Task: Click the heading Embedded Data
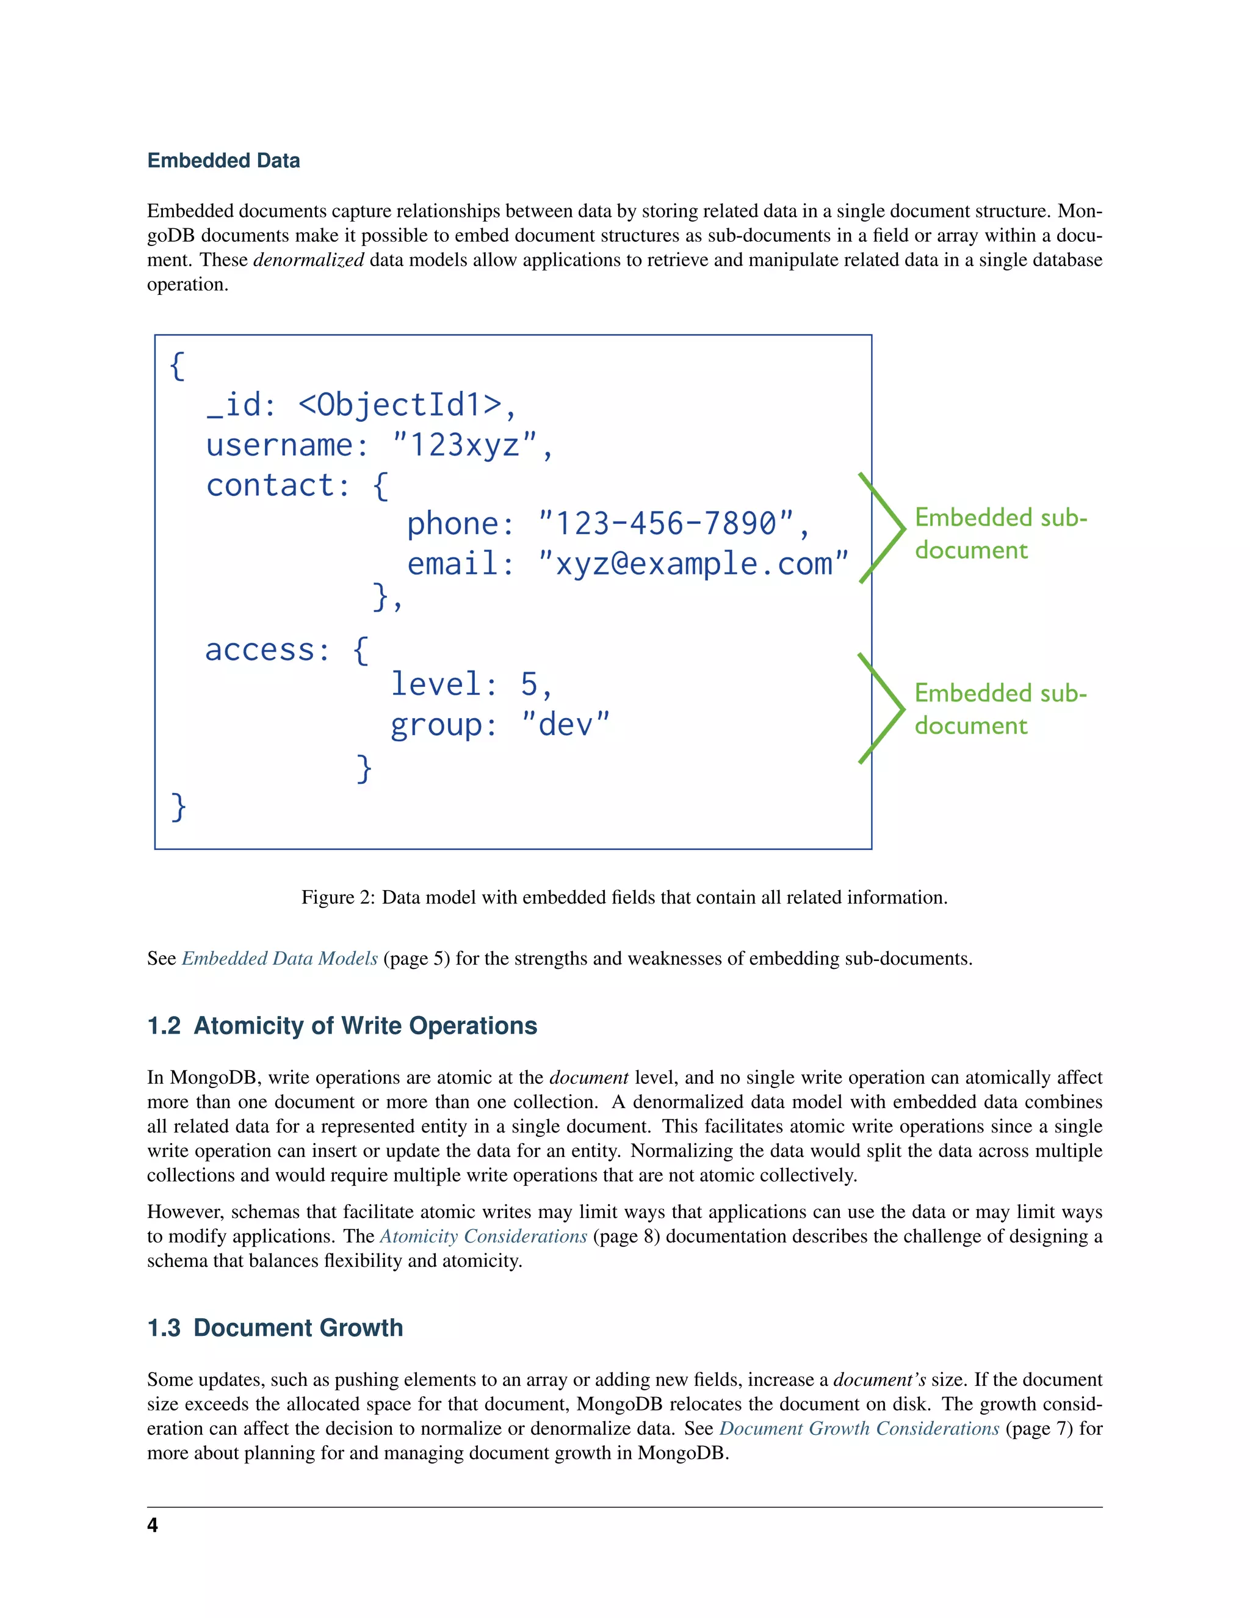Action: (223, 161)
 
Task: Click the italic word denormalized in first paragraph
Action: (308, 260)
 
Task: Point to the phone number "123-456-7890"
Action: (665, 524)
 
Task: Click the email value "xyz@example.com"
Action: (692, 564)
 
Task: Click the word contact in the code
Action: (270, 485)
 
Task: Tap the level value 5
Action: (529, 684)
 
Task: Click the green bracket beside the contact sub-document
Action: (883, 528)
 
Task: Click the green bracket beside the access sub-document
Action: (883, 708)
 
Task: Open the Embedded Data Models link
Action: (280, 959)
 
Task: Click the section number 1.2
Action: (164, 1026)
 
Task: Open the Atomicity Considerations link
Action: (483, 1236)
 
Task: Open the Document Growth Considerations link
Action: (859, 1429)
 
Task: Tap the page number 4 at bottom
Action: (153, 1525)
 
